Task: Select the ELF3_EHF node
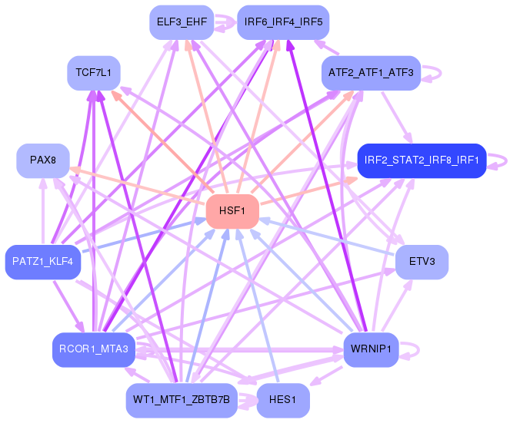[182, 22]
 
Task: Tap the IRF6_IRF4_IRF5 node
[283, 22]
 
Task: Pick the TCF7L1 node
[94, 73]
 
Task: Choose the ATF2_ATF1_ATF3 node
[371, 73]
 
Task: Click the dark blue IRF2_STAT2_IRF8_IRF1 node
[422, 160]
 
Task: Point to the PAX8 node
[43, 160]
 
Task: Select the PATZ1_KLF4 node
[43, 262]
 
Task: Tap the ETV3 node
[422, 262]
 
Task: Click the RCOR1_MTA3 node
[94, 349]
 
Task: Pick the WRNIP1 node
[371, 349]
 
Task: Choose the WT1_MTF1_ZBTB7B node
[182, 400]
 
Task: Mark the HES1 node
[283, 400]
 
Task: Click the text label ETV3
[422, 262]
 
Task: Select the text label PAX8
[43, 160]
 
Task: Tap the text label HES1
[283, 400]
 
